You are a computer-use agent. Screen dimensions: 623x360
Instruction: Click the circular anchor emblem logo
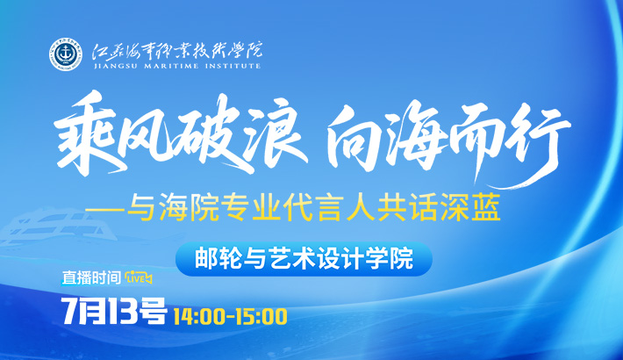(x=66, y=54)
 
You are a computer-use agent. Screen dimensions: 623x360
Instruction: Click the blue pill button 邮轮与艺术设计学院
(x=304, y=259)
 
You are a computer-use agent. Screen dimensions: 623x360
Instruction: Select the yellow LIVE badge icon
(x=139, y=278)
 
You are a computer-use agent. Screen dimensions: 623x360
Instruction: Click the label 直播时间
(x=91, y=278)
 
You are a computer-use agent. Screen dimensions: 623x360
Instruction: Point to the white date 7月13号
(x=114, y=311)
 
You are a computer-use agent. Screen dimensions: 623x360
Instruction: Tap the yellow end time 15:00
(x=261, y=317)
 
